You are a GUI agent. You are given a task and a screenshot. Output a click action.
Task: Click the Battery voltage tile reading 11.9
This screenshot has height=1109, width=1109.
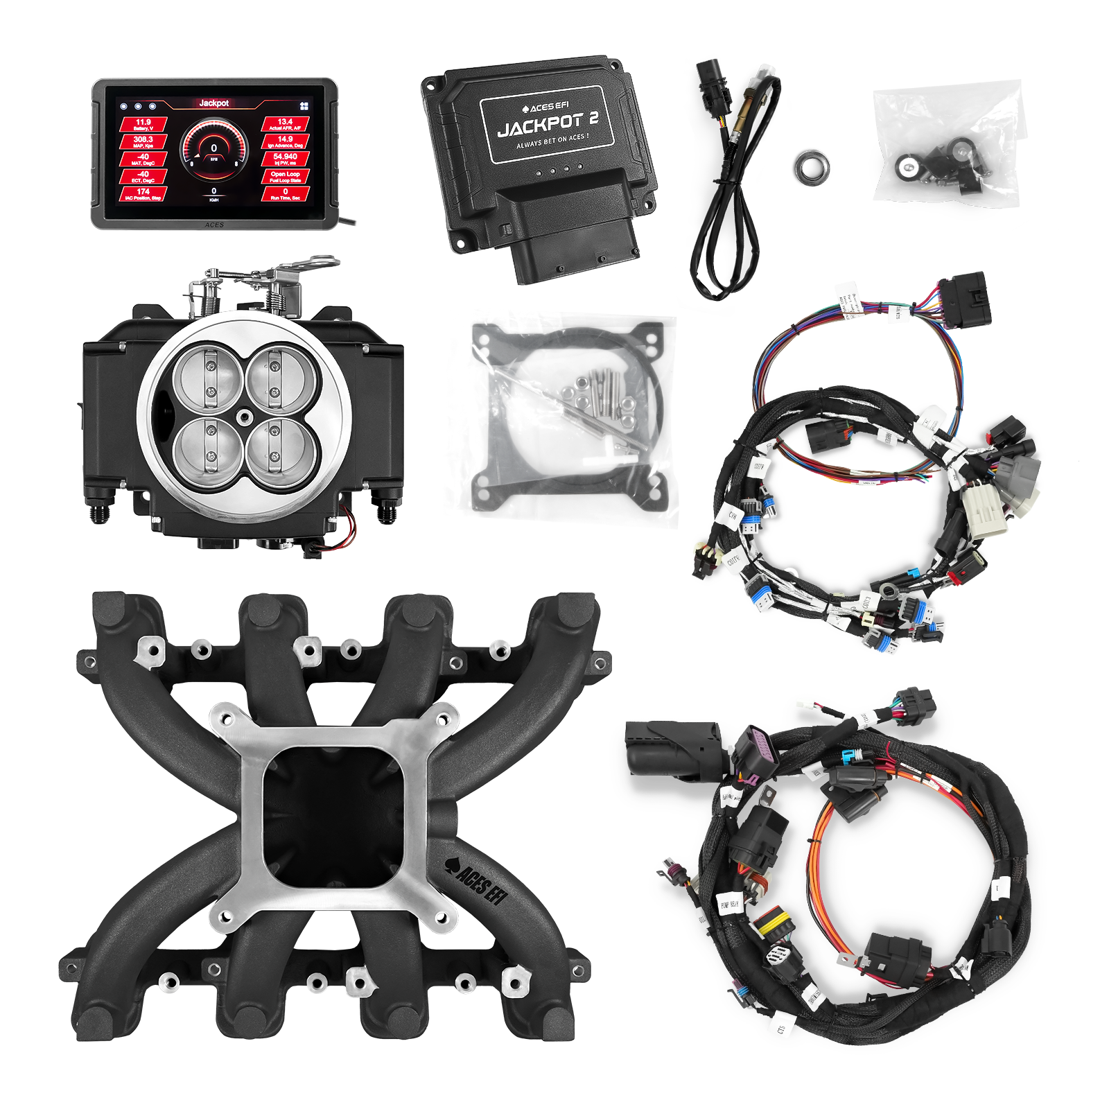(143, 125)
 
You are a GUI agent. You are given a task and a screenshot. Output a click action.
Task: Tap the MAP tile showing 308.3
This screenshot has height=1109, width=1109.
(143, 142)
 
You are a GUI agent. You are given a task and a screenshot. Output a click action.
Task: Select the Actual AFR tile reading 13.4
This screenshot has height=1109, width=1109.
(285, 125)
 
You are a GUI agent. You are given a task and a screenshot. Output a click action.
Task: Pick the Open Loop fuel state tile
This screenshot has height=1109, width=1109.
(285, 177)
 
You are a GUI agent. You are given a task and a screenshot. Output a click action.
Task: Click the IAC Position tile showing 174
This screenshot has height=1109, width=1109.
(143, 194)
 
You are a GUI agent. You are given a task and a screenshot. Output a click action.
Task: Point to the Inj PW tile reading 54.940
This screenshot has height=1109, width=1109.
(285, 159)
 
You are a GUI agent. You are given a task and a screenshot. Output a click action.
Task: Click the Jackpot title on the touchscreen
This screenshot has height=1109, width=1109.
(213, 103)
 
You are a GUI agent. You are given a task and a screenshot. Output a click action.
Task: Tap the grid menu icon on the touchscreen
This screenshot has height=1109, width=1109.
(304, 107)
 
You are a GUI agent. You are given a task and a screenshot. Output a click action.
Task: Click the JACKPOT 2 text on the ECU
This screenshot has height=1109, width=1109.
(548, 125)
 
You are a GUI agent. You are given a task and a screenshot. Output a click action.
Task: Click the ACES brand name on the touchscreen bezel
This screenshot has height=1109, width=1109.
(214, 225)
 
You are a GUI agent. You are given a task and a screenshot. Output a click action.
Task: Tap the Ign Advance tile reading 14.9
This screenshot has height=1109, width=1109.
(285, 142)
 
